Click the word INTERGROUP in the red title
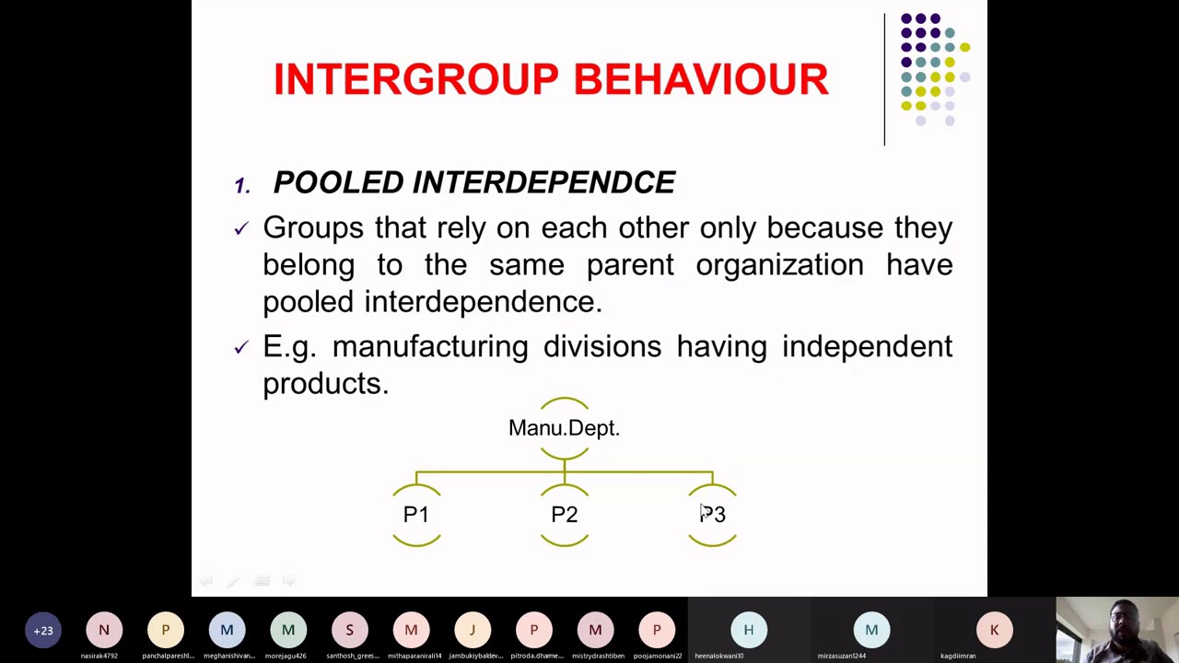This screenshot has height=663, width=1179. tap(414, 80)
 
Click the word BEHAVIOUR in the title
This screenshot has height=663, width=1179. tap(701, 80)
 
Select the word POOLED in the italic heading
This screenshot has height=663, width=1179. tap(338, 182)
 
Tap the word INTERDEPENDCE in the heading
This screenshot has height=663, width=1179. tap(543, 182)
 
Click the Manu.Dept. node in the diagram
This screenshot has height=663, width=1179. tap(564, 428)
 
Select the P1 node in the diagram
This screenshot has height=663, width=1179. tap(415, 515)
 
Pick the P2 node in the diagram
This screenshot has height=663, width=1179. tap(564, 515)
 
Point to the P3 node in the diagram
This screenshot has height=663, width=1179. tap(712, 515)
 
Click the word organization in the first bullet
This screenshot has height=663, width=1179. tap(779, 265)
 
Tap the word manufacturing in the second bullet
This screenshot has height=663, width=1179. tap(429, 347)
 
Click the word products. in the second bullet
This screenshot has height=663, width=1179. tap(325, 384)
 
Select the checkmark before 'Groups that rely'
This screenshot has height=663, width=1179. tap(241, 228)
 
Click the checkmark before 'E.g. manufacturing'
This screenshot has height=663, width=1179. tap(241, 347)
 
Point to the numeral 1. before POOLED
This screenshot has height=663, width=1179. tap(241, 185)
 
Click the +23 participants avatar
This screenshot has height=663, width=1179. tap(43, 631)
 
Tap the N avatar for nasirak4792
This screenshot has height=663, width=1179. tap(104, 631)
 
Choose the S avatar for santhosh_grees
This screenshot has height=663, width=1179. tap(349, 631)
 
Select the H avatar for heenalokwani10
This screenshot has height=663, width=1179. tap(748, 631)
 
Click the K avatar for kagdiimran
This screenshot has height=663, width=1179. tap(994, 631)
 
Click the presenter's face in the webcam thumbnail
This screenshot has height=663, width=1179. tap(1124, 618)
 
